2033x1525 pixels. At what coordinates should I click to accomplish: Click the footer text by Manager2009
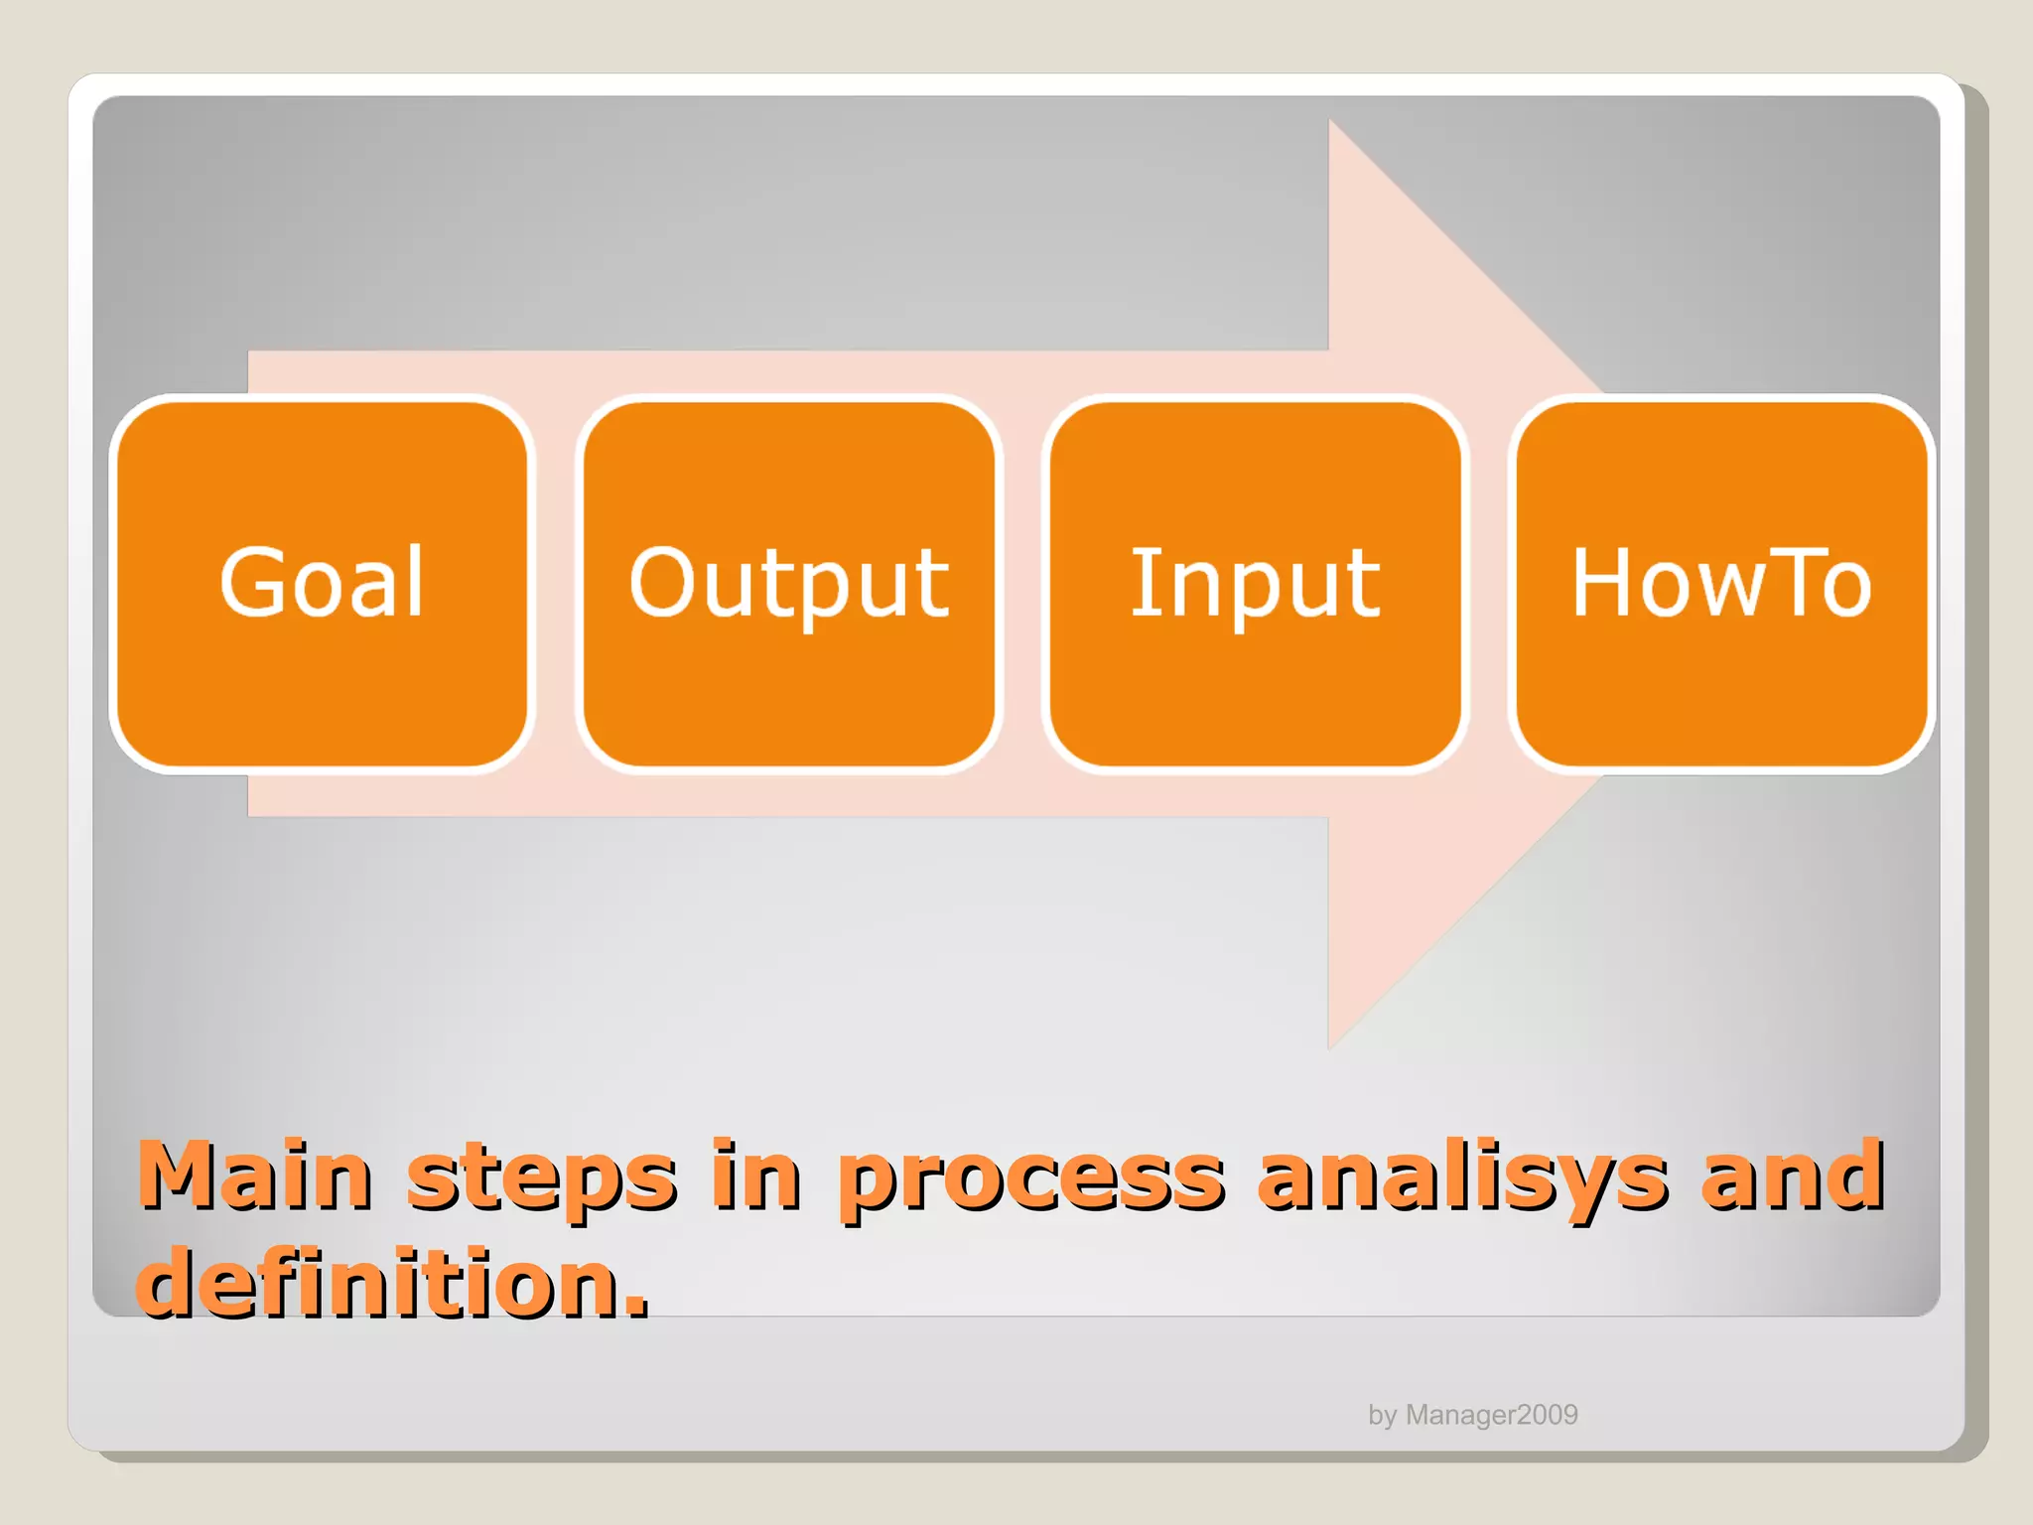1472,1415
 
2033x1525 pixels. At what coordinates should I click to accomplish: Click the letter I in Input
1143,583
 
